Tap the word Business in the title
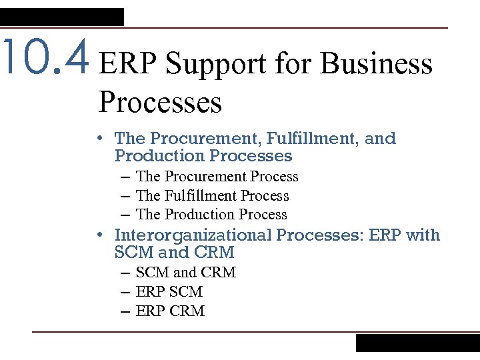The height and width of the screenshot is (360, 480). click(377, 65)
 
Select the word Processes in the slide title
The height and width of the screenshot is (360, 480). click(160, 102)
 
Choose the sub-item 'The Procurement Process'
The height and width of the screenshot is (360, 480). click(217, 177)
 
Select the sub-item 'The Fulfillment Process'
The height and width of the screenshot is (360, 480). click(212, 196)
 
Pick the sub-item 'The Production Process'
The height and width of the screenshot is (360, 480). click(211, 215)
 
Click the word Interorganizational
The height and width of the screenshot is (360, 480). click(193, 235)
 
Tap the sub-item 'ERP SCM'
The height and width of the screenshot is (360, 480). click(169, 292)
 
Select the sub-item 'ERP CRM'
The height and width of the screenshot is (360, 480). click(170, 311)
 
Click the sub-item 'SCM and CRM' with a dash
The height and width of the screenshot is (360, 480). click(185, 273)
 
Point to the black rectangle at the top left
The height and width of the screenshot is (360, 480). click(62, 17)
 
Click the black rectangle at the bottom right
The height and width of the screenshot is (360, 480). click(417, 343)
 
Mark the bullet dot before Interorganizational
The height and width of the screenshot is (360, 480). click(99, 235)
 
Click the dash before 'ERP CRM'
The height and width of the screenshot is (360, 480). click(126, 311)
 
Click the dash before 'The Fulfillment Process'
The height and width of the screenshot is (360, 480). click(126, 196)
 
